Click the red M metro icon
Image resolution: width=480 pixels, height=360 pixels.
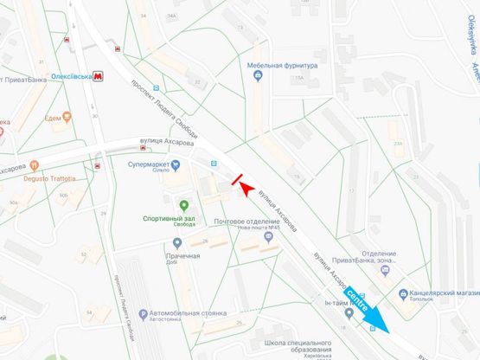click(100, 76)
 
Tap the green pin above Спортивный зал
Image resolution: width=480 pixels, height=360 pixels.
click(183, 205)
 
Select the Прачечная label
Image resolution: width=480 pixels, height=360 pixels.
click(184, 256)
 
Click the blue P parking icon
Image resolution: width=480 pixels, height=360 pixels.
click(143, 312)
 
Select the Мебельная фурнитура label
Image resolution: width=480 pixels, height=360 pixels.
click(284, 66)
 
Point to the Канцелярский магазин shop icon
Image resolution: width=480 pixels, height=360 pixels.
click(403, 293)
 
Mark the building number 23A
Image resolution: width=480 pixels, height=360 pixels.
click(397, 144)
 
